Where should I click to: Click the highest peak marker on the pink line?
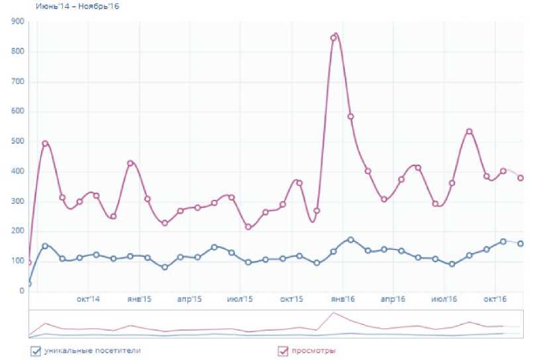[x=334, y=38]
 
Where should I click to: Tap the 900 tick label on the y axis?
[x=18, y=22]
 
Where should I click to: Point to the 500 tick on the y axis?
[x=18, y=141]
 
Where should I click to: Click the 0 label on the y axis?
[x=21, y=291]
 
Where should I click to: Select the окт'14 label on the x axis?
[x=88, y=300]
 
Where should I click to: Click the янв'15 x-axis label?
[x=139, y=300]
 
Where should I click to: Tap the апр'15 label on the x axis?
[x=189, y=300]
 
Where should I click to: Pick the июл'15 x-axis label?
[x=240, y=300]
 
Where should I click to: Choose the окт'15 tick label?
[x=291, y=300]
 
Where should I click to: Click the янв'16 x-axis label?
[x=342, y=300]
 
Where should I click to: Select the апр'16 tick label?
[x=393, y=300]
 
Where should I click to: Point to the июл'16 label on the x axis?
[x=444, y=300]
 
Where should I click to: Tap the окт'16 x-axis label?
[x=495, y=300]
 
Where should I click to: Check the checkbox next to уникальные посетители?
[x=36, y=351]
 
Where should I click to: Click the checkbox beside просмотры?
[x=283, y=351]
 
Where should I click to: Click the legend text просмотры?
[x=314, y=351]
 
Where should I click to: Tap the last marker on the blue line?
[x=520, y=244]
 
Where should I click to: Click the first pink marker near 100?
[x=28, y=263]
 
